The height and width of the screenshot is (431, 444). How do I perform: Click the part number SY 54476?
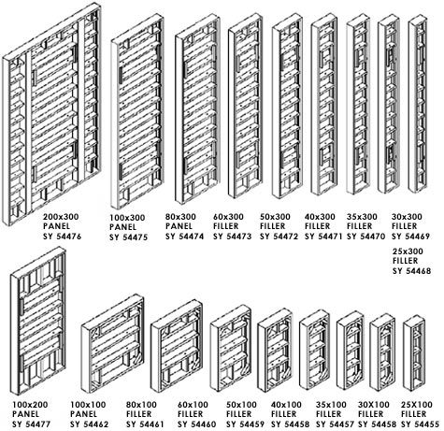pyautogui.click(x=62, y=237)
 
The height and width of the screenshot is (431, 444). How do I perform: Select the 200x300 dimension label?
pyautogui.click(x=61, y=217)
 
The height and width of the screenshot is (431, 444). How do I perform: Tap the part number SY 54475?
pyautogui.click(x=128, y=237)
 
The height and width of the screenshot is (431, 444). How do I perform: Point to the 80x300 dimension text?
pyautogui.click(x=180, y=217)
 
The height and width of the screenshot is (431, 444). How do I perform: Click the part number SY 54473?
pyautogui.click(x=232, y=237)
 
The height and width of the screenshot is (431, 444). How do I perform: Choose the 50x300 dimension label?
pyautogui.click(x=275, y=217)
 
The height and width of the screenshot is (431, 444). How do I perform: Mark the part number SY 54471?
pyautogui.click(x=323, y=237)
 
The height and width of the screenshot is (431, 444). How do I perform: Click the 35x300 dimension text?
pyautogui.click(x=362, y=217)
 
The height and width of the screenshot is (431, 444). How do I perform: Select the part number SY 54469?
pyautogui.click(x=410, y=237)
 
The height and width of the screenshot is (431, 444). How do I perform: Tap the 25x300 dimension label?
pyautogui.click(x=408, y=251)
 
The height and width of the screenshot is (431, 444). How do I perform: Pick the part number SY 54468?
pyautogui.click(x=411, y=271)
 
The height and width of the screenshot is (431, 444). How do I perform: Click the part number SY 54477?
pyautogui.click(x=31, y=424)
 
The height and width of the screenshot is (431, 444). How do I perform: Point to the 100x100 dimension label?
pyautogui.click(x=88, y=405)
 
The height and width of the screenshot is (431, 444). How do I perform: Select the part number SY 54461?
pyautogui.click(x=145, y=424)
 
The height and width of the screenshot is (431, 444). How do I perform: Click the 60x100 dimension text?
pyautogui.click(x=193, y=405)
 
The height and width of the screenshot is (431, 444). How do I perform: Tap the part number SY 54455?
pyautogui.click(x=420, y=424)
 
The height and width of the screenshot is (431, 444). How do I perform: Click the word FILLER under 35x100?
pyautogui.click(x=329, y=414)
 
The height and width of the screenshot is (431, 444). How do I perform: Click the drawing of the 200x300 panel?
pyautogui.click(x=51, y=114)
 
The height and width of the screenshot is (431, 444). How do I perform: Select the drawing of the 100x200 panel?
pyautogui.click(x=38, y=321)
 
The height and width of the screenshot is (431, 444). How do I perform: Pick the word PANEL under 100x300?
pyautogui.click(x=123, y=227)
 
